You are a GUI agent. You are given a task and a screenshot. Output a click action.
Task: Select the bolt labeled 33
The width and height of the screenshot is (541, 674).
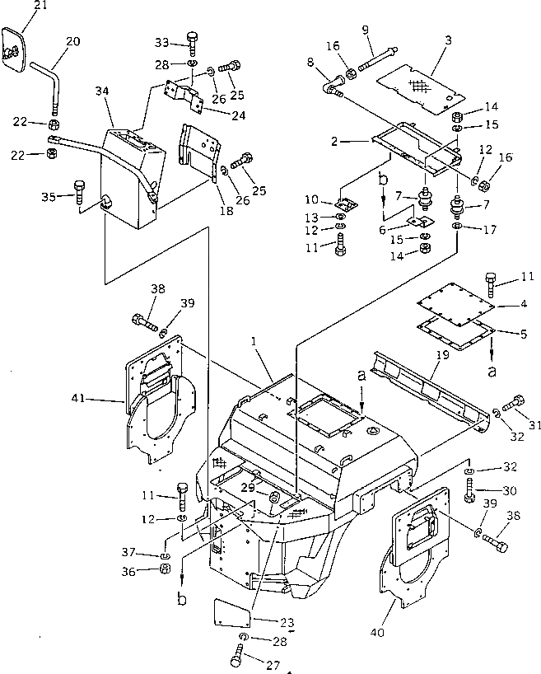(192, 41)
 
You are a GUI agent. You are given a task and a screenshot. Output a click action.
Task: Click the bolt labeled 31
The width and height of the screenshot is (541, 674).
(516, 403)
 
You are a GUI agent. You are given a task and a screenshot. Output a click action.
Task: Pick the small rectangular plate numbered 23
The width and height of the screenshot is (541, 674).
(233, 612)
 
